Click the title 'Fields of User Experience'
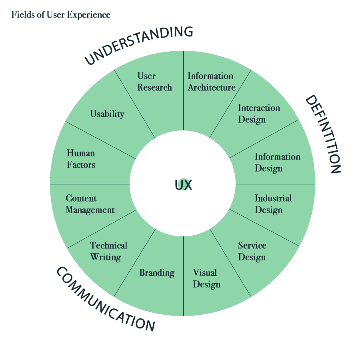pos(61,15)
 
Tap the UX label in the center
pos(183,185)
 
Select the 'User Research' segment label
pos(154,82)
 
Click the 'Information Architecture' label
pos(211,82)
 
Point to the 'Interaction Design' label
pos(259,114)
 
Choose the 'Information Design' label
pos(277,162)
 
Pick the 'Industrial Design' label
pos(273,204)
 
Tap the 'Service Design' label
pos(252,251)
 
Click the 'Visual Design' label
pos(206,278)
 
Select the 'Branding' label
pos(157,273)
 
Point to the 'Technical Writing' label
pos(108,251)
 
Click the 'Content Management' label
pos(90,204)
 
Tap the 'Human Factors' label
pos(81,159)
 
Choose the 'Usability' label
pos(107,114)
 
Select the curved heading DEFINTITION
pos(323,134)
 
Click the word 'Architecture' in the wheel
pos(211,88)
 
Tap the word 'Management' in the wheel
pos(90,210)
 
